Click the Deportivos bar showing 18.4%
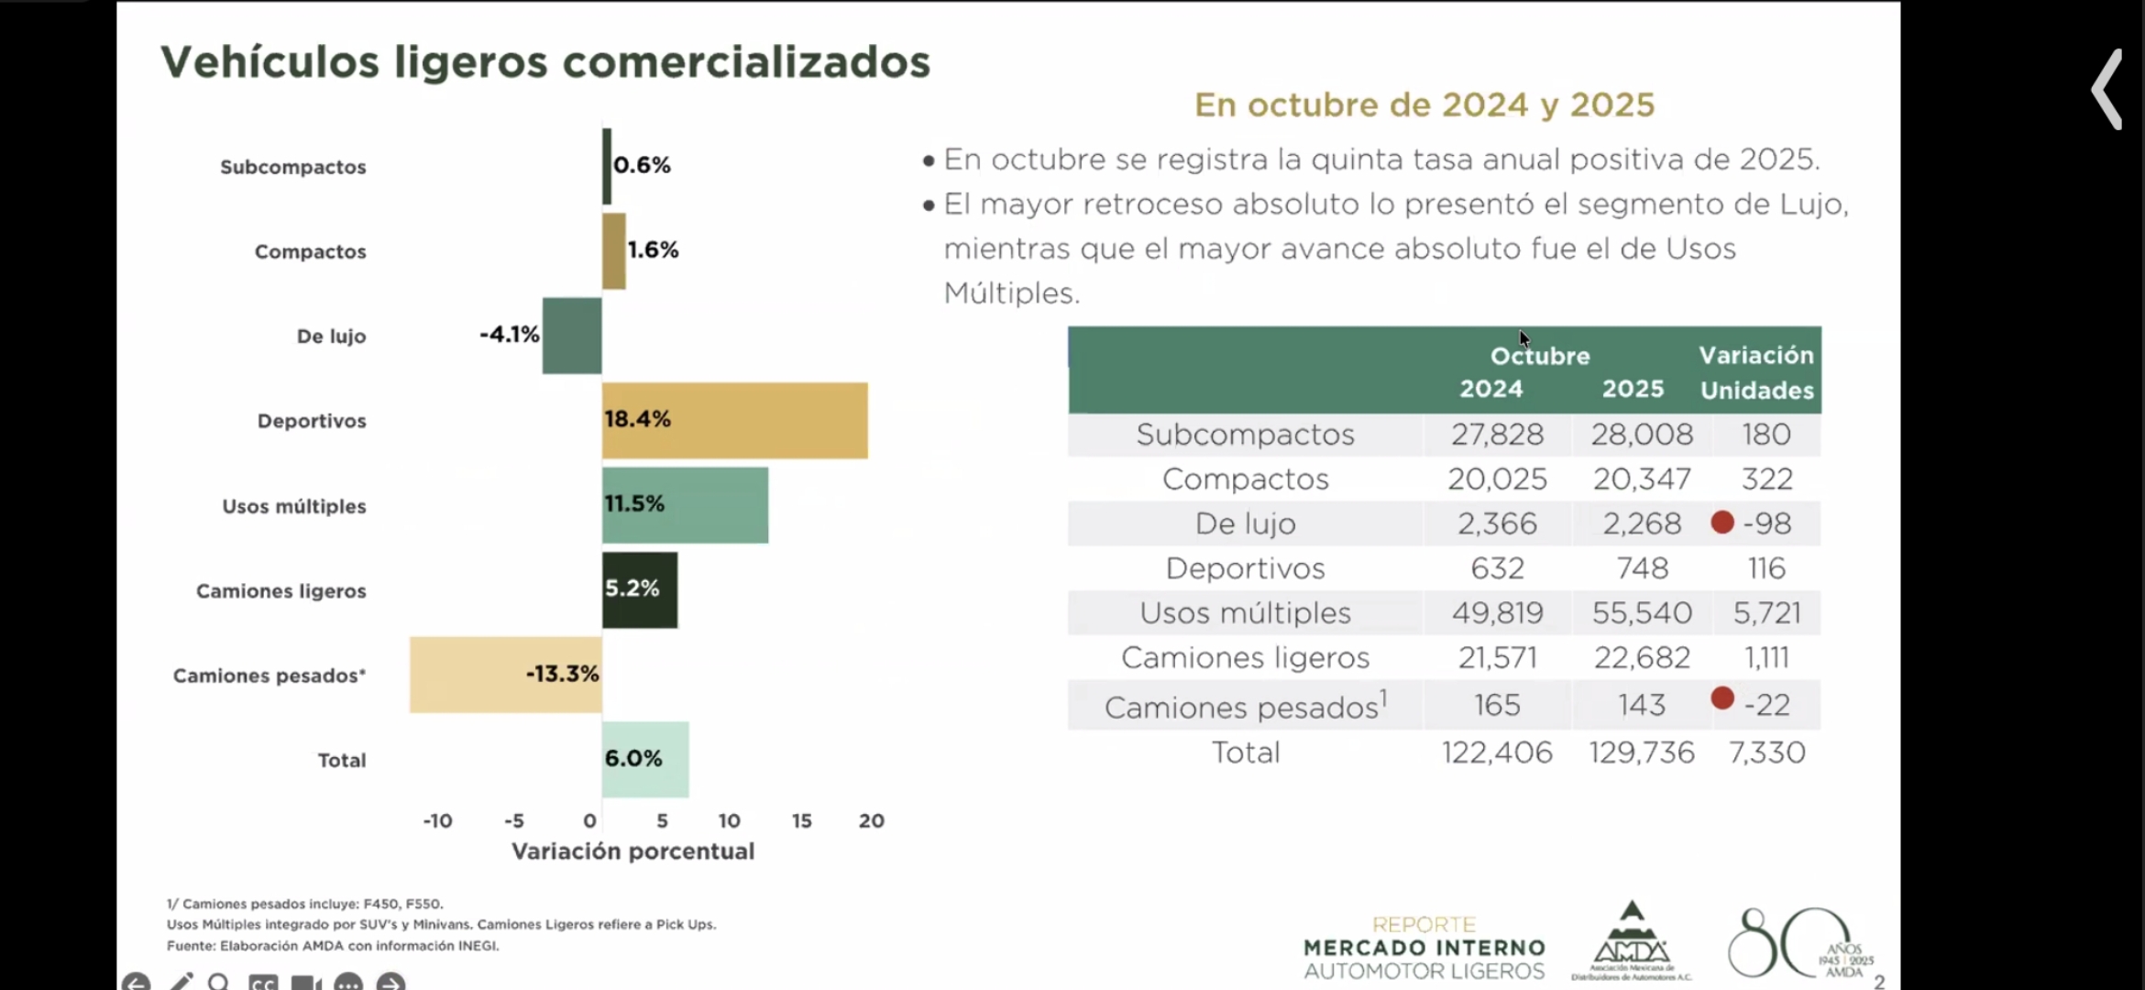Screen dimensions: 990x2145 coord(734,420)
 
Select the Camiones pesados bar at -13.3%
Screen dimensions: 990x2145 coord(505,675)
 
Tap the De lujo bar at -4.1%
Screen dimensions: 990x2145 coord(571,335)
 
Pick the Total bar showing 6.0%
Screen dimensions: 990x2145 coord(645,759)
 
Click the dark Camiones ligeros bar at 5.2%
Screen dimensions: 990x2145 coord(640,590)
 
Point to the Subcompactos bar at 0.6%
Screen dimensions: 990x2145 coord(607,166)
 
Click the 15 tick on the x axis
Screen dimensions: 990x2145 coord(801,820)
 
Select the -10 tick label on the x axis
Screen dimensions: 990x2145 coord(437,820)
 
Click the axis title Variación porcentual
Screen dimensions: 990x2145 coord(632,852)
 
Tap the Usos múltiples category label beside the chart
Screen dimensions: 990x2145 coord(293,506)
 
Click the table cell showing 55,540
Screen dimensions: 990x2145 coord(1641,612)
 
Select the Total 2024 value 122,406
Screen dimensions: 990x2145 coord(1497,753)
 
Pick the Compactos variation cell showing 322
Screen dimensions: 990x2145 coord(1766,478)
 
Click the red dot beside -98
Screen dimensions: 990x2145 coord(1722,522)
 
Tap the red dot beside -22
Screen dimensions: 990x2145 coord(1722,698)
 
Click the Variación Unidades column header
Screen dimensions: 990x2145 coord(1756,372)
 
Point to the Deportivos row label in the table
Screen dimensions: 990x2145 coord(1245,568)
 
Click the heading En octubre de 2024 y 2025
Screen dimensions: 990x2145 coord(1424,105)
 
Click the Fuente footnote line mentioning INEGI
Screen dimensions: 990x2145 coord(333,946)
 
